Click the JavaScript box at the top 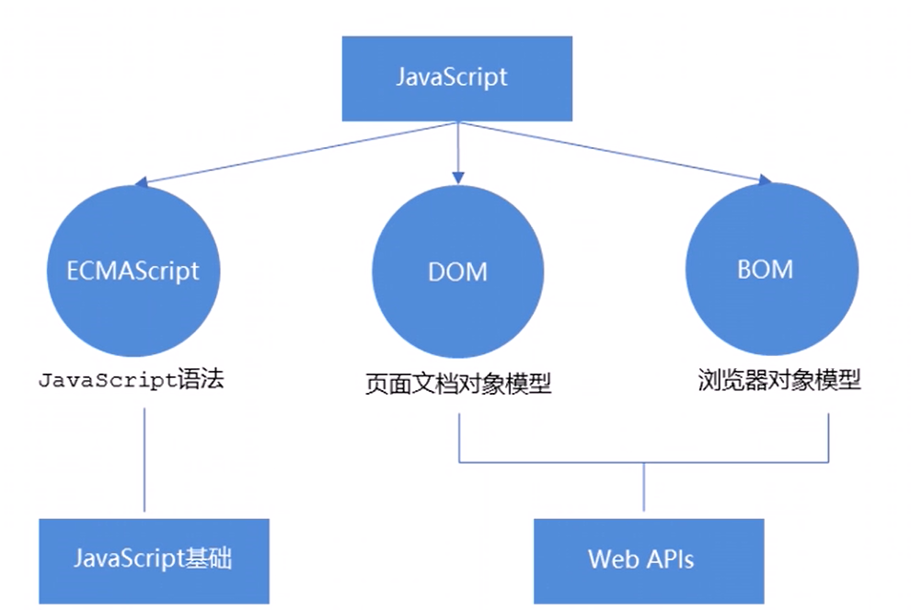(456, 78)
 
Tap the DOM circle (457, 270)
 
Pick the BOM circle (764, 269)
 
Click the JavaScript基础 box (154, 559)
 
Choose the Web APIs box (648, 559)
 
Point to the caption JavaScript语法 (130, 380)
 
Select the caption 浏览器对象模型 (778, 380)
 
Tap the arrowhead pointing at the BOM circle (762, 181)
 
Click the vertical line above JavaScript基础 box (145, 460)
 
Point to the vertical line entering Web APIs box (643, 488)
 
